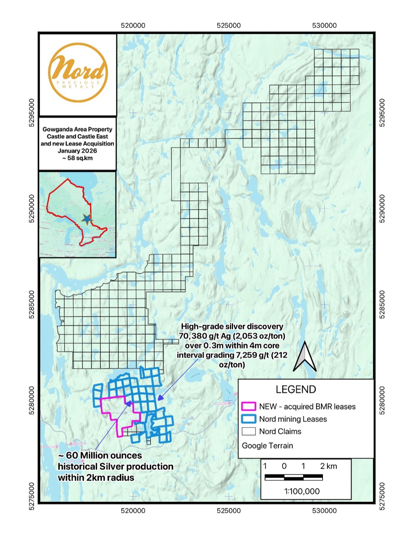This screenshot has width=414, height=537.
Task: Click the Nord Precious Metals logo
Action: pyautogui.click(x=78, y=73)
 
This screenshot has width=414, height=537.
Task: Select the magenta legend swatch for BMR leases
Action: pyautogui.click(x=248, y=406)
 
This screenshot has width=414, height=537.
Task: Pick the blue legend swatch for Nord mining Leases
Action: pyautogui.click(x=248, y=419)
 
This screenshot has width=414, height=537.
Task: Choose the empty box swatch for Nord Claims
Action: pyautogui.click(x=248, y=431)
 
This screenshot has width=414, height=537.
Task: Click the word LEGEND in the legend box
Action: pyautogui.click(x=295, y=389)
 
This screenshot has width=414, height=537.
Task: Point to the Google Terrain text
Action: pyautogui.click(x=267, y=445)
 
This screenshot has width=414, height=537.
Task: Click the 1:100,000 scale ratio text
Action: pyautogui.click(x=302, y=491)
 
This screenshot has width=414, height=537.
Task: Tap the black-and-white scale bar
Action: pyautogui.click(x=294, y=478)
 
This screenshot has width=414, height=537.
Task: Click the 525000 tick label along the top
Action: pyautogui.click(x=228, y=26)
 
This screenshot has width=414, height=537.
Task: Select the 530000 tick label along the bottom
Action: pyautogui.click(x=324, y=511)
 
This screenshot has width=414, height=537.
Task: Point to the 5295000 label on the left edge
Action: pyautogui.click(x=32, y=113)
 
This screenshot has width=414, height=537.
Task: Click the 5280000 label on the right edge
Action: pyautogui.click(x=382, y=400)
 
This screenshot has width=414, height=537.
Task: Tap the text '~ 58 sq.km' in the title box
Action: pyautogui.click(x=77, y=158)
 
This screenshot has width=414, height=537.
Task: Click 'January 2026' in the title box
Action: pyautogui.click(x=77, y=151)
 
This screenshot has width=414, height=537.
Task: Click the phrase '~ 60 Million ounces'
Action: pyautogui.click(x=100, y=455)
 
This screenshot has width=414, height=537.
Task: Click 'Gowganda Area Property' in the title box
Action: pyautogui.click(x=77, y=129)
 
